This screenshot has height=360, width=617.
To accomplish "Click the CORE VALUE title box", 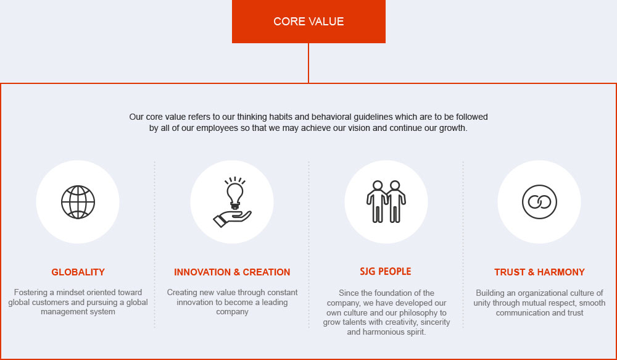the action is (308, 21).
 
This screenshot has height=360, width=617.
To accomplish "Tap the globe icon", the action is (78, 202).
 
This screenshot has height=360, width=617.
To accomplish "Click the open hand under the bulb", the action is (232, 219).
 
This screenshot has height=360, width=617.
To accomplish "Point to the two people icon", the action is (386, 202).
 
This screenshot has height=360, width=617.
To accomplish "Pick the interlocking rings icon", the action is (539, 202).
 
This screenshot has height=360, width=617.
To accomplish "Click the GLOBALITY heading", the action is (78, 272).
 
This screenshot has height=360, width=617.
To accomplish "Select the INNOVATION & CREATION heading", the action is (232, 272).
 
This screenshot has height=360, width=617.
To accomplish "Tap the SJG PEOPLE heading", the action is (386, 271).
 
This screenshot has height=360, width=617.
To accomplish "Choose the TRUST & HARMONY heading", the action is (539, 272).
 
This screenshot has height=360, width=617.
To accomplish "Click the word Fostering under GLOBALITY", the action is (31, 293).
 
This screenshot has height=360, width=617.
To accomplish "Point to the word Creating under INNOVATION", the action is (182, 293).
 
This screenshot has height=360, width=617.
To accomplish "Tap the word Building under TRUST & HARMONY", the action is (490, 293).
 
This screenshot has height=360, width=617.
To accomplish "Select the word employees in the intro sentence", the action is (217, 128).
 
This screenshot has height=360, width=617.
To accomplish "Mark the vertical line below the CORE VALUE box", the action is (308, 63).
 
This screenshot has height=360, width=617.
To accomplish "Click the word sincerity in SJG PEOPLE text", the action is (435, 322).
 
